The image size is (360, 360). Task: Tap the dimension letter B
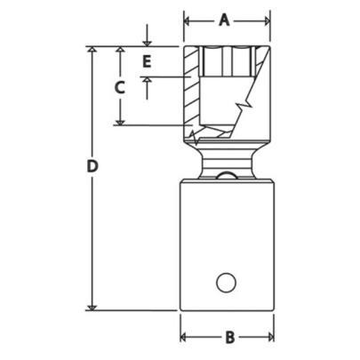click(228, 338)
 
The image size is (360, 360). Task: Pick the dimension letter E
click(148, 61)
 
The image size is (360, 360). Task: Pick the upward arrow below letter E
click(148, 80)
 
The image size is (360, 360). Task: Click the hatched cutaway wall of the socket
click(189, 89)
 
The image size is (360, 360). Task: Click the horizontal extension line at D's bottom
click(133, 310)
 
